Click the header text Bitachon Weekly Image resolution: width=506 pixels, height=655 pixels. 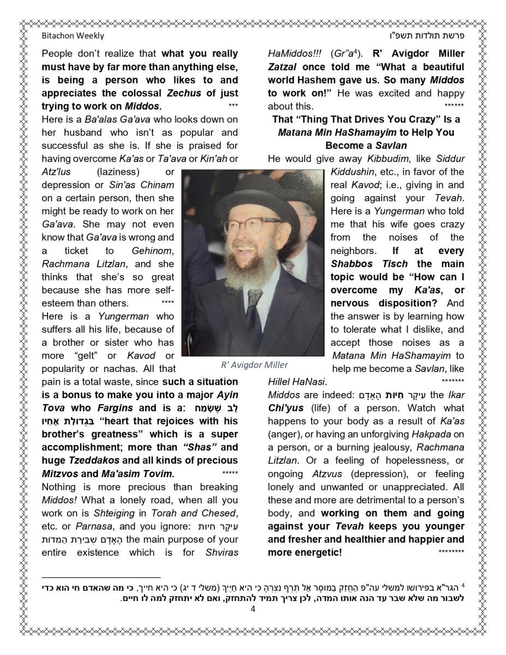pos(73,36)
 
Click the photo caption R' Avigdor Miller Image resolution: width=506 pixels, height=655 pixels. pos(254,365)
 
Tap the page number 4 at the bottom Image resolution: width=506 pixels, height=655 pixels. pos(253,609)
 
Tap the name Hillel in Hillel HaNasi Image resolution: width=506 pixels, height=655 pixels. pos(279,382)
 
